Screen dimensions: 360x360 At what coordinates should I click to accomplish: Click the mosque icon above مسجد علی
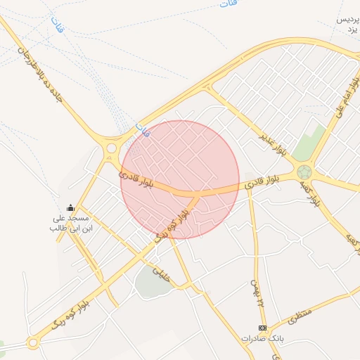[x=70, y=207]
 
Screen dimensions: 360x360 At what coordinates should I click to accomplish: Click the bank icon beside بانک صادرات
[x=263, y=328]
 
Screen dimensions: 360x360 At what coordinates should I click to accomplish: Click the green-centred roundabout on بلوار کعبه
[x=304, y=172]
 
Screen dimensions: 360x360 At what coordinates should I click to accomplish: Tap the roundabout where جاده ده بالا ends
[x=111, y=148]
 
